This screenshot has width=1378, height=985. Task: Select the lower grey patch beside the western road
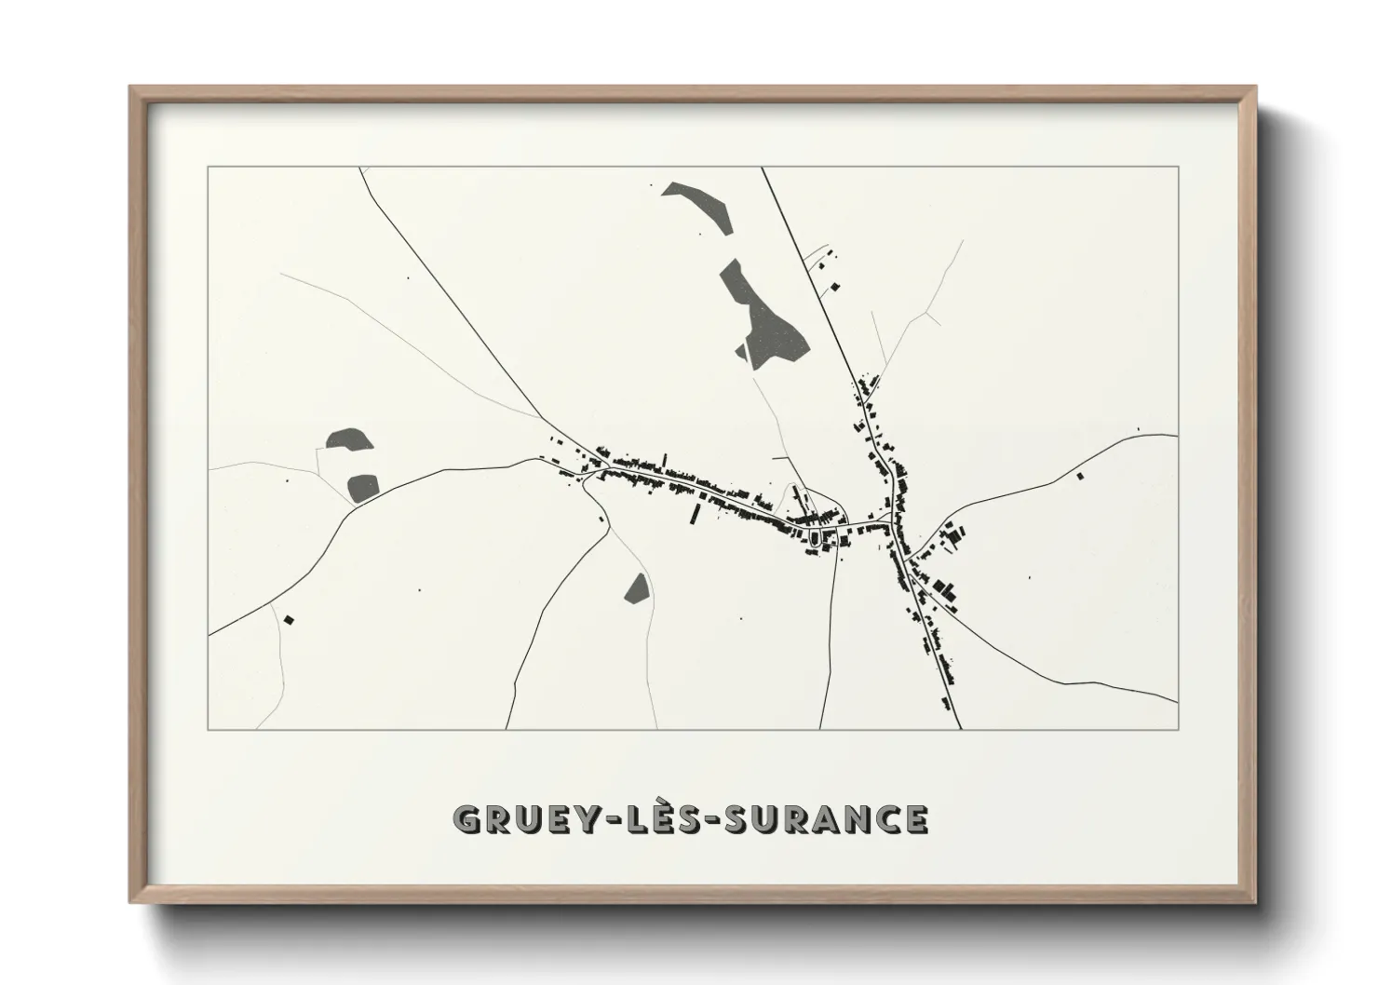tap(362, 486)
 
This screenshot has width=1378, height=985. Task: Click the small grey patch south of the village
tap(637, 588)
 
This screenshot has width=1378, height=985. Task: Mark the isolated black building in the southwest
tap(289, 619)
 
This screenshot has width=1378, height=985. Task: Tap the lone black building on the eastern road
tap(1080, 476)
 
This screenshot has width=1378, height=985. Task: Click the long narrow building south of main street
tap(695, 515)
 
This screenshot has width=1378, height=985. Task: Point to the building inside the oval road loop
tap(817, 538)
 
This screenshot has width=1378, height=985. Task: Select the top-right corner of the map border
tap(1178, 167)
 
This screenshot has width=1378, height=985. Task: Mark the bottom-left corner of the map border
tap(209, 729)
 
